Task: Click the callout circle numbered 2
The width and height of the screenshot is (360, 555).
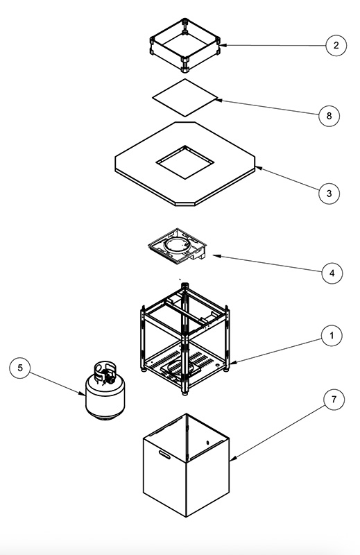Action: [x=336, y=45]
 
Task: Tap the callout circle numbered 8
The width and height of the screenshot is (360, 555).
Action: [x=329, y=116]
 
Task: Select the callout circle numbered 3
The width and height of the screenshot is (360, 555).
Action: [x=329, y=194]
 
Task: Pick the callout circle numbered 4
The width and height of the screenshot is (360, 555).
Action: [x=332, y=273]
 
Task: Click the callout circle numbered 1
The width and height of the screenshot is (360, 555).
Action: [x=332, y=336]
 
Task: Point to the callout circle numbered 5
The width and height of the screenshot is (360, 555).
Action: [x=20, y=368]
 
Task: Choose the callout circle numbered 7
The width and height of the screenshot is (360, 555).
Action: [x=334, y=400]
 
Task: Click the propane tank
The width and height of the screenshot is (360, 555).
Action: [x=105, y=391]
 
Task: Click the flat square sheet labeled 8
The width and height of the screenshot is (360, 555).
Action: [x=185, y=98]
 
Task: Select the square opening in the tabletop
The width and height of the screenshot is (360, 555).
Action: [x=185, y=162]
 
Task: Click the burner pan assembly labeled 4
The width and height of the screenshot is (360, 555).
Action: [x=178, y=246]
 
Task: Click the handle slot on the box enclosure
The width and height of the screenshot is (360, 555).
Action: [x=164, y=454]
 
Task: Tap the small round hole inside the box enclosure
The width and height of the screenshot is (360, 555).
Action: [x=208, y=443]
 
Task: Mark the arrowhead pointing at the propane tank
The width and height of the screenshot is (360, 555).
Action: [x=82, y=393]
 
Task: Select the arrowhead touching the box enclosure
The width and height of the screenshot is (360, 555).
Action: [x=232, y=459]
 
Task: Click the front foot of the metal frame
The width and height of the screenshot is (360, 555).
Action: [x=185, y=392]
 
